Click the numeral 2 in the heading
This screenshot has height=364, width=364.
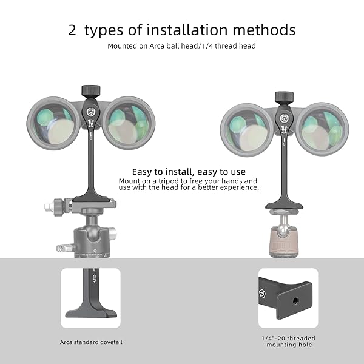point(72,30)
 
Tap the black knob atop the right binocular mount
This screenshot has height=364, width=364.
point(284,97)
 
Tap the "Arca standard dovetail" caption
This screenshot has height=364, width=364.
point(91,342)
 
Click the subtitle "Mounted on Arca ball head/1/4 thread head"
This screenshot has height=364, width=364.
point(182,45)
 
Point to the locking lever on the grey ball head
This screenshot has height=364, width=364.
point(62,248)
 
